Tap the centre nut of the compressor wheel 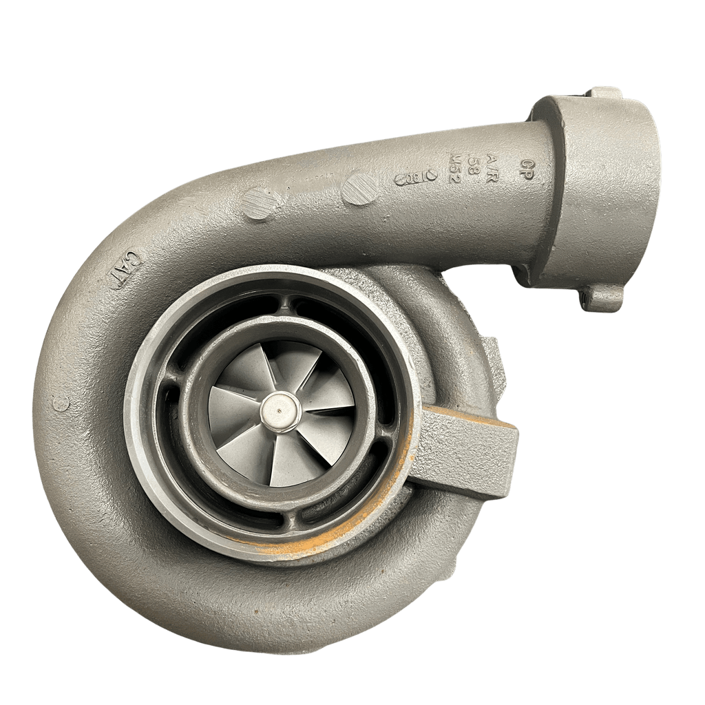[x=280, y=411]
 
